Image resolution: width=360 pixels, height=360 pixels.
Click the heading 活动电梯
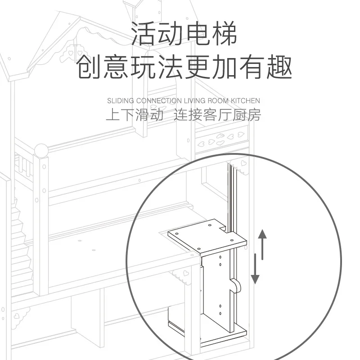click(x=184, y=34)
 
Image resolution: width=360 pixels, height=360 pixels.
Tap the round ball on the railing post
click(x=41, y=150)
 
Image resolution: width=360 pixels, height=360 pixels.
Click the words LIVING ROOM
click(x=202, y=101)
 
